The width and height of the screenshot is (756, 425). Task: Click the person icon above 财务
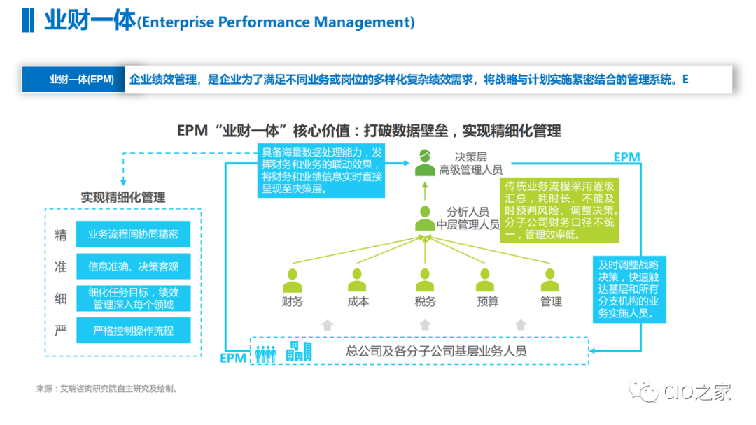coord(293,279)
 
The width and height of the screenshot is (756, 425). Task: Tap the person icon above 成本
coord(358,279)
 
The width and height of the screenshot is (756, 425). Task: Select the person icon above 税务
coord(424,279)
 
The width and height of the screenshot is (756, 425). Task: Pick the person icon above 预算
coord(487,279)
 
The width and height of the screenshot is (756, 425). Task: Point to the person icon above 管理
coord(551,279)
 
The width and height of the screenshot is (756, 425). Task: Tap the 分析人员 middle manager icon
coord(424,218)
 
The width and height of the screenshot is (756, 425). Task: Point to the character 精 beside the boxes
coord(61,235)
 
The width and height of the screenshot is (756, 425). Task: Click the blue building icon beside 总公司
coord(298,351)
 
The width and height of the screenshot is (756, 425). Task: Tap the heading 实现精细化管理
coord(123,197)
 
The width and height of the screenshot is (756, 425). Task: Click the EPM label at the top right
coord(626,157)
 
